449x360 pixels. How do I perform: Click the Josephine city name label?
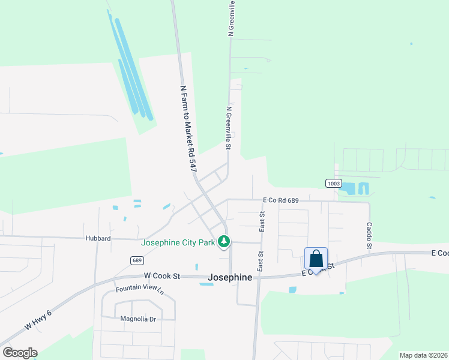coord(230,278)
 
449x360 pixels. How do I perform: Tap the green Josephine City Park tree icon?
coord(224,242)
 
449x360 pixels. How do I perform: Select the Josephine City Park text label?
coord(178,243)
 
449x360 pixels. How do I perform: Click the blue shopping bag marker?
coord(316,259)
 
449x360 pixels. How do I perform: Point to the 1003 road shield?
coord(334,183)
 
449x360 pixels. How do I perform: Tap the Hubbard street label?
coord(98,238)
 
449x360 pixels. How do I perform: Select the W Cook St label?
coord(162,276)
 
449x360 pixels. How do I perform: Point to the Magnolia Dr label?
coord(138,319)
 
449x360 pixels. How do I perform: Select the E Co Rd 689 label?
coord(281,200)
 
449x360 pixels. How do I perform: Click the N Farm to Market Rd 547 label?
coord(188,129)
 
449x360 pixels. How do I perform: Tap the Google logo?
coord(20,353)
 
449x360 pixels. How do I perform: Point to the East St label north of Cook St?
coord(262,221)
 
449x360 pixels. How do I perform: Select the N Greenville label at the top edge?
coord(231,18)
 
